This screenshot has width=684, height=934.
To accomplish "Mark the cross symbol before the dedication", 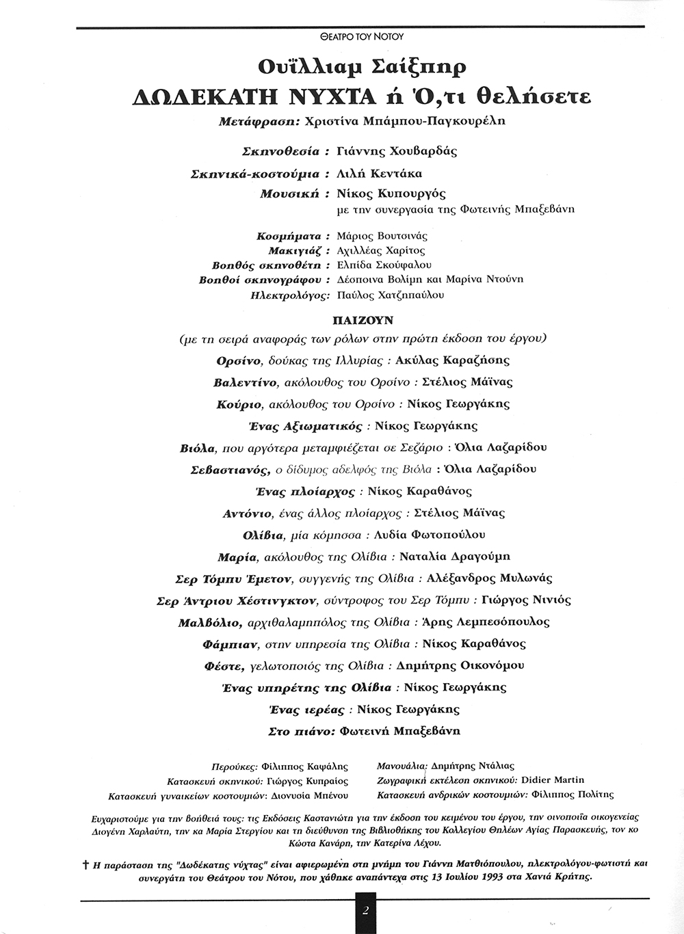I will [x=86, y=864].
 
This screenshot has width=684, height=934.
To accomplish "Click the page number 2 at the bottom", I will [x=366, y=910].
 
